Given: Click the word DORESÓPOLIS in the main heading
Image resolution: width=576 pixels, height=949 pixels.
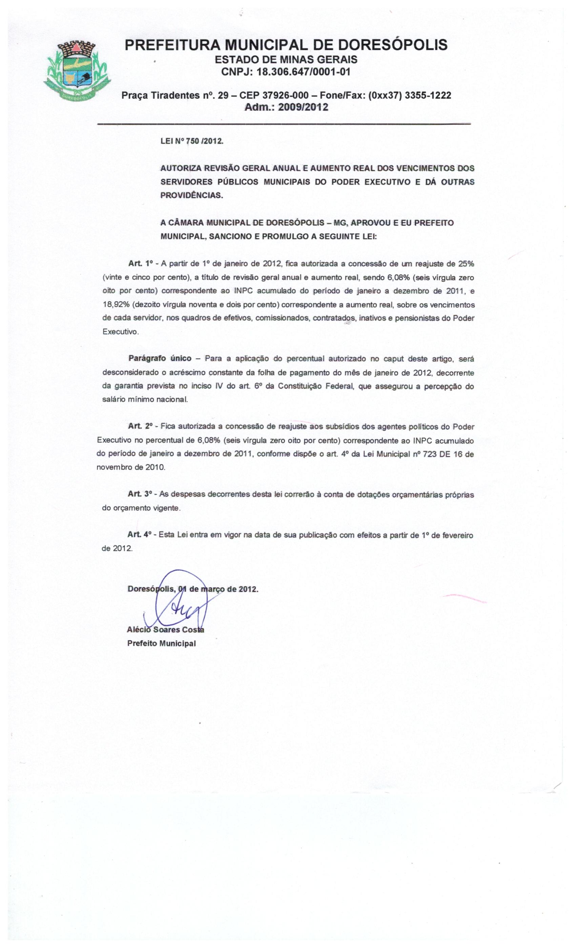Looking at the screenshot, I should pyautogui.click(x=392, y=45).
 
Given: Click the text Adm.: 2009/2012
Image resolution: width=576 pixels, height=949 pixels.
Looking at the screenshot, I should pyautogui.click(x=286, y=107).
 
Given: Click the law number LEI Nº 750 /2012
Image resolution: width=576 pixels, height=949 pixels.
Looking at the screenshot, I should pyautogui.click(x=192, y=141).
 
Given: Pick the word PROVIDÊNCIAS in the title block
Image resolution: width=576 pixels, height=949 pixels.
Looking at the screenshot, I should pyautogui.click(x=191, y=195).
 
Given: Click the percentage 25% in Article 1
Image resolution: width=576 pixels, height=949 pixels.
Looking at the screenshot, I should pyautogui.click(x=466, y=264).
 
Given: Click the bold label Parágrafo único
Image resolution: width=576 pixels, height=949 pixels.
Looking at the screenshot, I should pyautogui.click(x=160, y=359).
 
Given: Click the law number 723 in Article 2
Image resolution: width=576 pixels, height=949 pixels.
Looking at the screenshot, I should pyautogui.click(x=430, y=454).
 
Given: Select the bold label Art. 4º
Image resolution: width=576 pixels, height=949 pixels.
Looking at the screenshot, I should pyautogui.click(x=140, y=535).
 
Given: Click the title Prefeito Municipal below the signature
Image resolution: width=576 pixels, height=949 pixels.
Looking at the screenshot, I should pyautogui.click(x=161, y=644).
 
